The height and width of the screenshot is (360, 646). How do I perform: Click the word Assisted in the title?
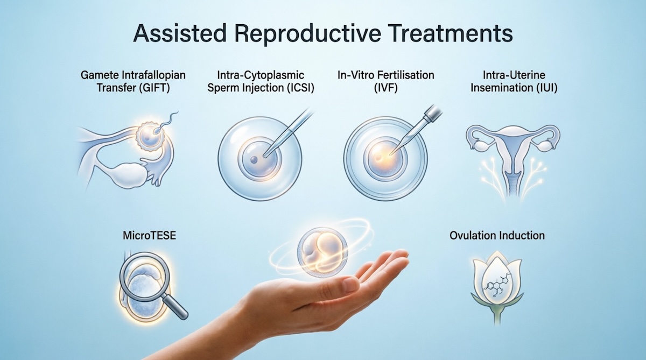[x=180, y=34]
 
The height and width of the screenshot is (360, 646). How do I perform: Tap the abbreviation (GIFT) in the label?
[x=155, y=88]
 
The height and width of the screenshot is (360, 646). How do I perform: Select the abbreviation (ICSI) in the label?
[x=301, y=88]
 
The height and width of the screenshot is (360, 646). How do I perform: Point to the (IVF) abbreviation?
[x=385, y=88]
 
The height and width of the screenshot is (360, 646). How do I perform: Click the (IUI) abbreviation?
[x=547, y=88]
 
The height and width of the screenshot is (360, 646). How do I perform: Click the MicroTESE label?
[x=150, y=236]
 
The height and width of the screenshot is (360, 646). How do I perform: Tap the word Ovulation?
[x=472, y=236]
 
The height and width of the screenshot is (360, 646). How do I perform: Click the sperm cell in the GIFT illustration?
[x=166, y=123]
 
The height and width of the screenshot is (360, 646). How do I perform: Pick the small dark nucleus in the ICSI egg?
[x=254, y=160]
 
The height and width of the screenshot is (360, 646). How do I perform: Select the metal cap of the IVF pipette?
[x=432, y=112]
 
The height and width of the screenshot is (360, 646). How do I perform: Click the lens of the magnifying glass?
[x=145, y=276]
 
